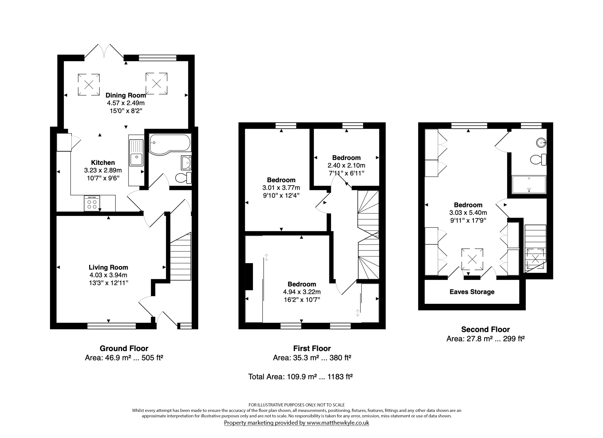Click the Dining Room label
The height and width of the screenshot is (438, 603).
click(x=126, y=95)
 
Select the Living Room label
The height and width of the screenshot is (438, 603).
click(x=109, y=268)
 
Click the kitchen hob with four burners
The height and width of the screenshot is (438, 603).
click(x=92, y=203)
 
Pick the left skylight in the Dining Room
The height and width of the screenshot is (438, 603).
click(x=89, y=85)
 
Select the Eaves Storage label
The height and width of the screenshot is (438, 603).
click(x=472, y=292)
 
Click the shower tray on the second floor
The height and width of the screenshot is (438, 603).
click(x=529, y=185)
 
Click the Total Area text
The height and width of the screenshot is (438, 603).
click(x=300, y=377)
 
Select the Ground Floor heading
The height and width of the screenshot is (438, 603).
click(x=124, y=348)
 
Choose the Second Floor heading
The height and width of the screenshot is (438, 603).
click(x=486, y=329)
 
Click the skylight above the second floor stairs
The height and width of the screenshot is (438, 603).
click(x=535, y=258)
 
